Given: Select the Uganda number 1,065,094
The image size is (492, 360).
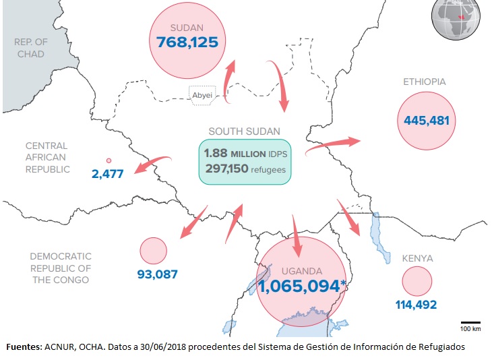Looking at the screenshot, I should pyautogui.click(x=297, y=287).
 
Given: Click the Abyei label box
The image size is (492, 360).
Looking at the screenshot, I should pyautogui.click(x=202, y=95).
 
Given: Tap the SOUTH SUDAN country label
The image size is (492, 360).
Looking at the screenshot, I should pyautogui.click(x=245, y=131).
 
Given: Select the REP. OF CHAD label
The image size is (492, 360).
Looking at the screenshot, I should pyautogui.click(x=30, y=47).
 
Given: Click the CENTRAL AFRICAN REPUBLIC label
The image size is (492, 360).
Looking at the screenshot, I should pyautogui.click(x=47, y=157).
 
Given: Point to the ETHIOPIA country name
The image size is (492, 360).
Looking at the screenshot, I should pyautogui.click(x=425, y=82).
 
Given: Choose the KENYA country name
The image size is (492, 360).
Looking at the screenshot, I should pyautogui.click(x=417, y=258).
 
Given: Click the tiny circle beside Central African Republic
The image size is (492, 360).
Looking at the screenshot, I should pyautogui.click(x=109, y=160).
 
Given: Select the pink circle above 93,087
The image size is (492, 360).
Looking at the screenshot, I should pyautogui.click(x=153, y=251).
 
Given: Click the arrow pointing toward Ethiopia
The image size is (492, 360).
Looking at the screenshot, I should pyautogui.click(x=334, y=144).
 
